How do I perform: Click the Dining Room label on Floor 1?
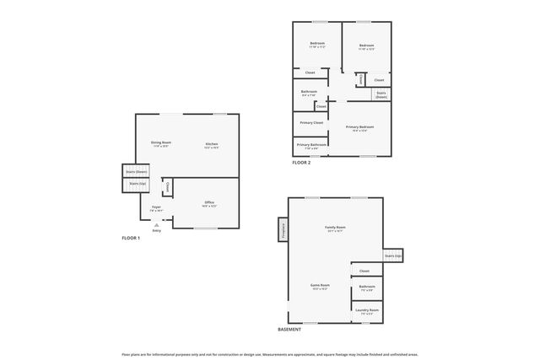[160, 144]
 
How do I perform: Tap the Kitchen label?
[212, 145]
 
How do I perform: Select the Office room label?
[209, 204]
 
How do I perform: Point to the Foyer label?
[156, 207]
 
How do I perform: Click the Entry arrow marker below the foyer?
[156, 225]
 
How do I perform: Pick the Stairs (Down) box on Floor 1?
[136, 171]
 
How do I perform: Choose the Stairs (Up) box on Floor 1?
[136, 183]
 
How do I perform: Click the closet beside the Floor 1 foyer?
[167, 186]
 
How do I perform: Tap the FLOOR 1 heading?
[131, 239]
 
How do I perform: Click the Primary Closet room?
[311, 122]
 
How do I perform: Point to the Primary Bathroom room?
[311, 144]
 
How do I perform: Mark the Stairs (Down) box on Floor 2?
[381, 94]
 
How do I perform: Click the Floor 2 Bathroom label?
[309, 93]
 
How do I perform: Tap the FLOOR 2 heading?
[301, 162]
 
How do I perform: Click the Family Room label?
[336, 228]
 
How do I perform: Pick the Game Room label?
[320, 287]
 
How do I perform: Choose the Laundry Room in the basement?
[367, 311]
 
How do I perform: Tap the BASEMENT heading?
[289, 330]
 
